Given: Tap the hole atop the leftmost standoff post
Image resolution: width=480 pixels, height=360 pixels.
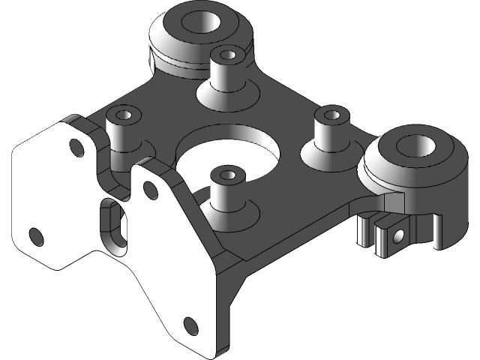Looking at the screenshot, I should (x=124, y=115).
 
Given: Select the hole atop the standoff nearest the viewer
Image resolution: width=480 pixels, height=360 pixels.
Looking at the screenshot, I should (x=227, y=177).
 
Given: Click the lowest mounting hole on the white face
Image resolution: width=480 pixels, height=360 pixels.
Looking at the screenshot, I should (x=190, y=325).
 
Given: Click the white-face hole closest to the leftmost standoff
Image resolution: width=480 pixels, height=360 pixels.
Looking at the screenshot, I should (x=76, y=146).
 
